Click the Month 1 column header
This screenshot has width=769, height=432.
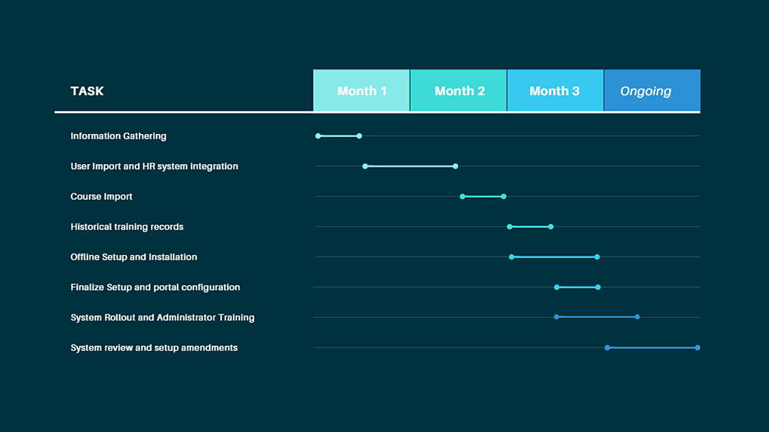362,91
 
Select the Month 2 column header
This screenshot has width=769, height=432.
459,91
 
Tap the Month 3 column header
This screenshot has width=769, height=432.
555,91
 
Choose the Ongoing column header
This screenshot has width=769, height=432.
652,91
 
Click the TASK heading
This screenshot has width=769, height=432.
87,91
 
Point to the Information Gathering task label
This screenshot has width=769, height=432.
118,136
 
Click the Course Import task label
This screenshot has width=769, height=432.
102,197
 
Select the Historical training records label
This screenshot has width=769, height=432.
127,227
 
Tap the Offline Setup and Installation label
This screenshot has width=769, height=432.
134,257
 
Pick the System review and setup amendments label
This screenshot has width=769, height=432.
154,348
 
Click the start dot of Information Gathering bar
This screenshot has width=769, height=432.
319,136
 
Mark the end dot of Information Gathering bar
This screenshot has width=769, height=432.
360,136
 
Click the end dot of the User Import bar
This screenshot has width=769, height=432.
456,166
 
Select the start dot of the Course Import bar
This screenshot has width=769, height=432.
463,197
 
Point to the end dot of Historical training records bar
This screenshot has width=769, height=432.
551,226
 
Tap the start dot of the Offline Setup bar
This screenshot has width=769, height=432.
511,257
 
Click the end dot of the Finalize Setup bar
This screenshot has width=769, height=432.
598,287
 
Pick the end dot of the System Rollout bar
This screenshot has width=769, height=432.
638,317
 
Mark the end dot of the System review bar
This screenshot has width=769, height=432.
697,348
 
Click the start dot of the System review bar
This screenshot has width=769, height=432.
607,348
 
